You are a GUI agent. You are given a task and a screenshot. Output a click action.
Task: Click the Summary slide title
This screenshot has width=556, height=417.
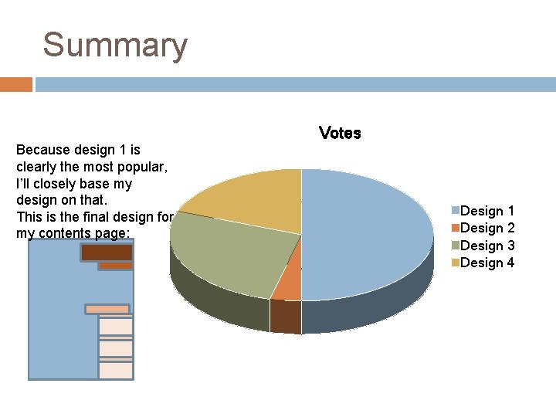pyautogui.click(x=115, y=45)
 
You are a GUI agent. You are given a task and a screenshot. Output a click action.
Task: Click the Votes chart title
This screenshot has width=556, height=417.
pyautogui.click(x=340, y=133)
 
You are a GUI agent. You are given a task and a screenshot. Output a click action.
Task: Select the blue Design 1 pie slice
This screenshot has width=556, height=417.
pyautogui.click(x=371, y=232)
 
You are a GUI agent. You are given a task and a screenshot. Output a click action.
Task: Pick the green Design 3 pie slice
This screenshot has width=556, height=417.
pyautogui.click(x=228, y=251)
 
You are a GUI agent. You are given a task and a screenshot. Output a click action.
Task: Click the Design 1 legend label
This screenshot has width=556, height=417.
pyautogui.click(x=487, y=211)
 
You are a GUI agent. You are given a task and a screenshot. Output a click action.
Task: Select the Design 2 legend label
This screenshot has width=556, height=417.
pyautogui.click(x=487, y=228)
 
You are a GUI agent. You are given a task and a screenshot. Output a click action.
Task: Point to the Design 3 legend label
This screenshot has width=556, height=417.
pyautogui.click(x=487, y=246)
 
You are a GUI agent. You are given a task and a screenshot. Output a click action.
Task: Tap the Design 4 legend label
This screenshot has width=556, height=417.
pyautogui.click(x=487, y=263)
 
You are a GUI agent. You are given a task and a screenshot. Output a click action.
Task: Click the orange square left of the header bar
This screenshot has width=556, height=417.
pyautogui.click(x=15, y=84)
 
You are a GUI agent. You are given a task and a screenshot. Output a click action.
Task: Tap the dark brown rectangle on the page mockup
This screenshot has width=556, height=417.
pyautogui.click(x=107, y=252)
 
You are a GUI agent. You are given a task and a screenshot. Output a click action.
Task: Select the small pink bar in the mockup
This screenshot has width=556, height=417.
pyautogui.click(x=107, y=309)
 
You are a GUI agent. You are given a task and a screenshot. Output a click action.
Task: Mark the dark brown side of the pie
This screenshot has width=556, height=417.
pyautogui.click(x=285, y=317)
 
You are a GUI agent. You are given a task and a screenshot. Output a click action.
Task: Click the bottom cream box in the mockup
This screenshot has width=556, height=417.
pyautogui.click(x=116, y=371)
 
